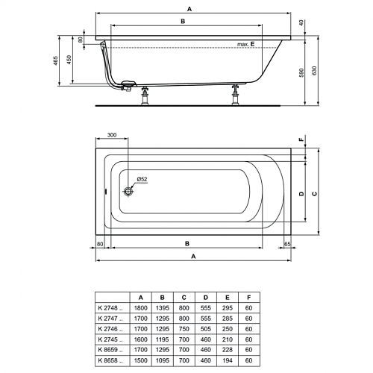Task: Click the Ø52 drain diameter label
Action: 142,179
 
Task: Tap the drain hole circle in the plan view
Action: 128,191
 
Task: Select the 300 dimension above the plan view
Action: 112,135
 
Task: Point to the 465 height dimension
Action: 56,60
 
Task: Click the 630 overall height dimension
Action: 314,71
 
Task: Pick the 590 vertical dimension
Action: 301,72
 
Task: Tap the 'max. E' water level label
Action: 245,44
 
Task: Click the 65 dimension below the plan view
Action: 287,244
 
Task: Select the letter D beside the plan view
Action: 301,193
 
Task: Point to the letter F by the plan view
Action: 301,140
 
